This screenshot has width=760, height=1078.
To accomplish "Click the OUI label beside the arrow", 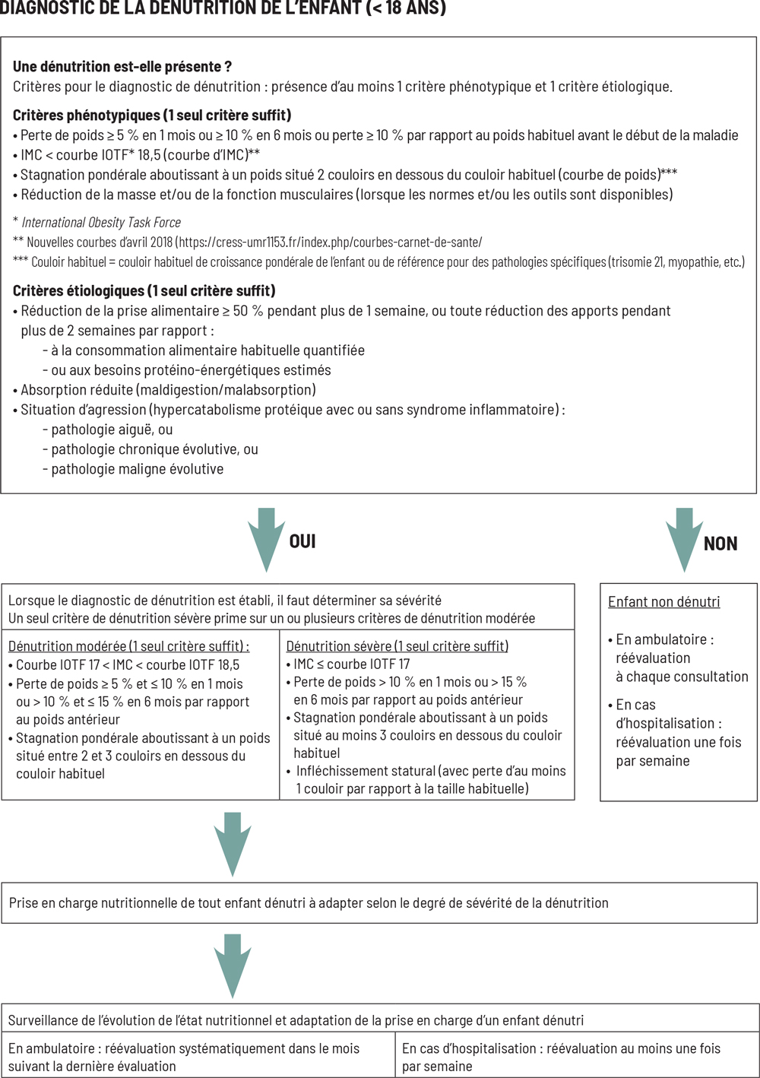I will coord(302,541).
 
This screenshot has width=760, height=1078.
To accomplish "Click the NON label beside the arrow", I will coord(720,544).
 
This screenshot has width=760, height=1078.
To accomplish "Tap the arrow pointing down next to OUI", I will coord(266,538).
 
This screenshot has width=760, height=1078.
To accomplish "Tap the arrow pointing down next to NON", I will coord(684,538).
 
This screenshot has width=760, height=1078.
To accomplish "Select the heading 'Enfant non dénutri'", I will coord(663,602).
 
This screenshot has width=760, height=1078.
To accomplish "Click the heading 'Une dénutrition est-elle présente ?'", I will coord(122,67).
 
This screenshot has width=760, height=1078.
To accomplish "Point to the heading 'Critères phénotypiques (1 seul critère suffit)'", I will coord(152,116).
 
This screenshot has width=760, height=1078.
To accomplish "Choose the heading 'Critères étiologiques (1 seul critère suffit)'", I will coord(144,291).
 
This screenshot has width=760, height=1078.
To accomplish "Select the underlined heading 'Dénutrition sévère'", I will coord(339,646).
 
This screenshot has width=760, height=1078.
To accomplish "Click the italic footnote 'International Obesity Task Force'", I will coord(101,223).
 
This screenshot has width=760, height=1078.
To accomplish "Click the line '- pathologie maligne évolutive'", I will coord(133,469).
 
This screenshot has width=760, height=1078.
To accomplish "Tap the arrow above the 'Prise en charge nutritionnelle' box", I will coord(233,842).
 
